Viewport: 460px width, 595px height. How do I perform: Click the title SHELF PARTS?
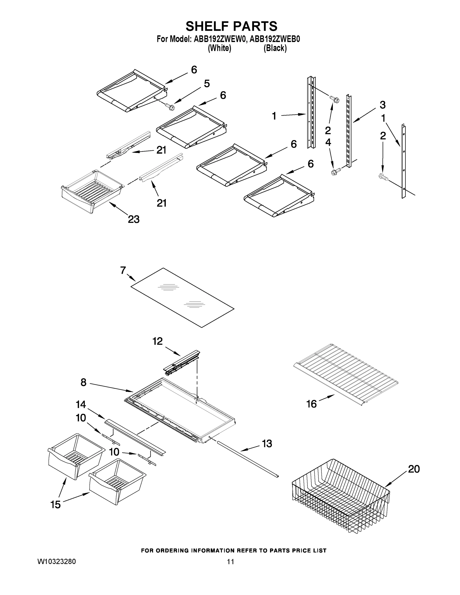(x=231, y=27)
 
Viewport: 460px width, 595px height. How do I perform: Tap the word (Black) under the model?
(x=275, y=48)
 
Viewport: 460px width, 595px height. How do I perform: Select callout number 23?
(x=134, y=219)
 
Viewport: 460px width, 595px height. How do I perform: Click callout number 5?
(x=207, y=84)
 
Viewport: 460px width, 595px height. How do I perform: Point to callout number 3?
(x=383, y=105)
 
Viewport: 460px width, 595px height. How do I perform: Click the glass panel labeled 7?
(x=183, y=297)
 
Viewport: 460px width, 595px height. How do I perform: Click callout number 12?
(x=157, y=341)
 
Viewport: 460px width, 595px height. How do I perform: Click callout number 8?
(x=84, y=382)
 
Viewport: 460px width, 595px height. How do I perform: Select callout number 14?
(x=81, y=405)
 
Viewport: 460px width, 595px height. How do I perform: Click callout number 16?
(x=311, y=404)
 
